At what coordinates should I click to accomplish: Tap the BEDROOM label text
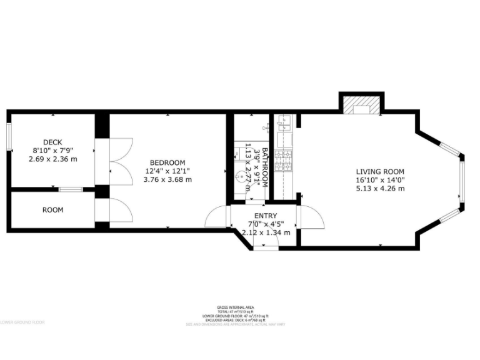click(167, 162)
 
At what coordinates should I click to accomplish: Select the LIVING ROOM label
click(380, 172)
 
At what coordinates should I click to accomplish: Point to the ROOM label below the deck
click(52, 210)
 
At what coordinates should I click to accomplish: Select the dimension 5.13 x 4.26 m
click(380, 188)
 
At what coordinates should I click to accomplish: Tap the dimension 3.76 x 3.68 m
click(167, 179)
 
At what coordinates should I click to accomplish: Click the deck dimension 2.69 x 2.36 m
click(52, 159)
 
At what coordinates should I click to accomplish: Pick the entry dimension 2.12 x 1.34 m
click(266, 232)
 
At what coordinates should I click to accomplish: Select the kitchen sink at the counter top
click(282, 122)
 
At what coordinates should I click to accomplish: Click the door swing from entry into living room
click(311, 219)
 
